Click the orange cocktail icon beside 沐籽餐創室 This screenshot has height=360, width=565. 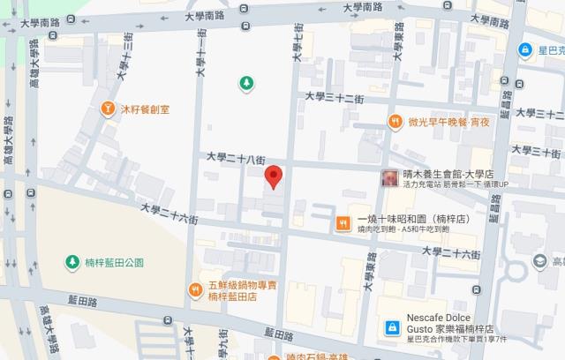tap(108, 109)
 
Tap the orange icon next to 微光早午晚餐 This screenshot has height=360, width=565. tap(393, 123)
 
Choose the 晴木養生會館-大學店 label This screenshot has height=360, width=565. tap(446, 174)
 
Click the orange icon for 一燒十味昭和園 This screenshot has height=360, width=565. tap(341, 222)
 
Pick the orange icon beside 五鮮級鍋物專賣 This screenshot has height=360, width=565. tap(196, 289)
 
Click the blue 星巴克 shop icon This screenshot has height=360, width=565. tap(526, 50)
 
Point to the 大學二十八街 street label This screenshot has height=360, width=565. tap(236, 158)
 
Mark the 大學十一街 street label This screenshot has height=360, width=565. tap(201, 58)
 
